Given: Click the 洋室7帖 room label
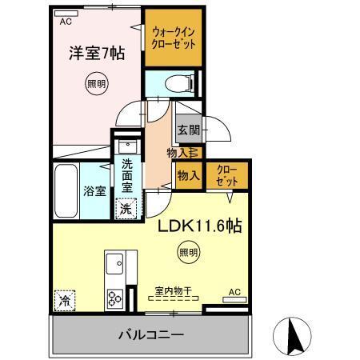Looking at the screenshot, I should (95, 55).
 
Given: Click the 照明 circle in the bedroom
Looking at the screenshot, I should (94, 82).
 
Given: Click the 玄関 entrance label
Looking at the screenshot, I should (188, 130).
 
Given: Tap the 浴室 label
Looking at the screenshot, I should (94, 191).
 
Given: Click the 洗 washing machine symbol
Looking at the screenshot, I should (126, 209).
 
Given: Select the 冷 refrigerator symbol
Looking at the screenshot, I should (64, 301).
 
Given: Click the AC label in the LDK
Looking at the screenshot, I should (235, 292).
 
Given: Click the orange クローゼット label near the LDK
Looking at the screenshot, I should (227, 176).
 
